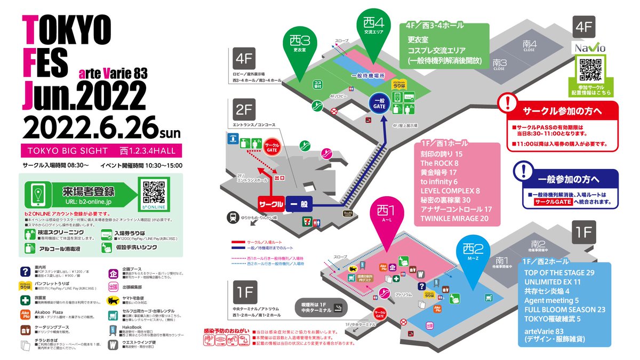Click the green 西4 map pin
tap(373, 27)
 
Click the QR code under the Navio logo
tap(590, 68)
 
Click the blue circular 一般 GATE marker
tap(379, 104)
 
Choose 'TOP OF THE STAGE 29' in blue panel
tap(559, 273)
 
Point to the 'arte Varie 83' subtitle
tap(113, 72)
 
